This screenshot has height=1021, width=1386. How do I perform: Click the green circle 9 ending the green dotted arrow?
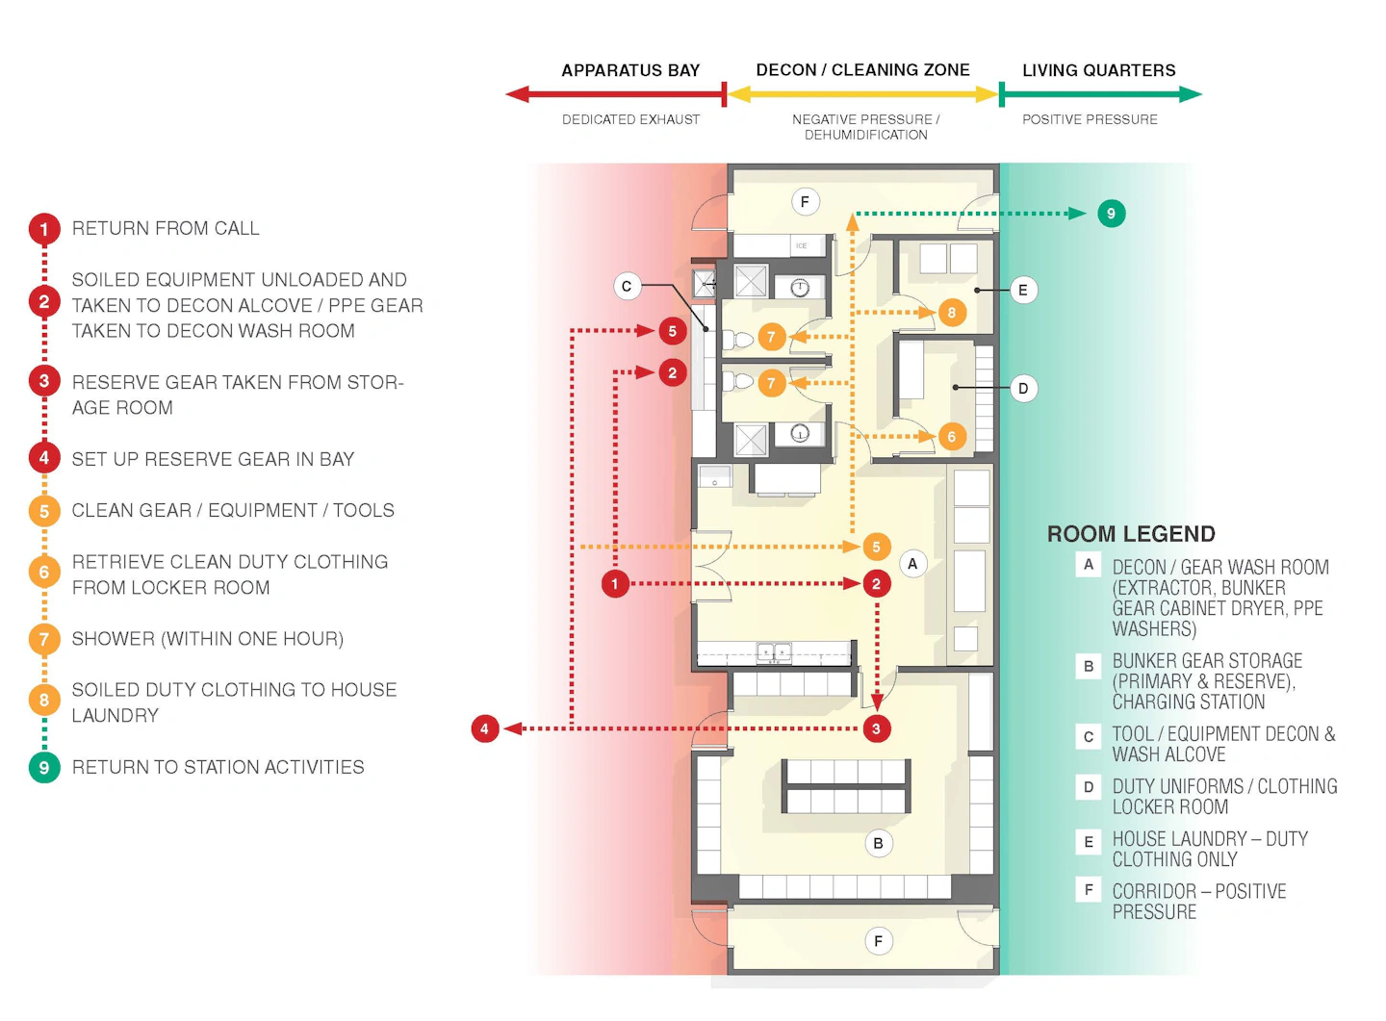point(1111,214)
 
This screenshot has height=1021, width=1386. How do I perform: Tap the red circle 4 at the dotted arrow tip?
point(484,728)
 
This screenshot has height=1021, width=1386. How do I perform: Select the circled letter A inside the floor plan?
point(912,564)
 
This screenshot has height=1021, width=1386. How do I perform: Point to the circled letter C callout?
point(627,286)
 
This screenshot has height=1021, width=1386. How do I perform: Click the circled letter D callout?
point(1023,389)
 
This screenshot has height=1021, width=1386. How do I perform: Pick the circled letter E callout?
point(1023,290)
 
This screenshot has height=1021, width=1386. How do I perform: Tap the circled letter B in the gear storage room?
point(878,843)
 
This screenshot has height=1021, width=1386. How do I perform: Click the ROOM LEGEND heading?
point(1131,534)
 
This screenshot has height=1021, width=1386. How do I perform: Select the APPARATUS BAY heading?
point(630,70)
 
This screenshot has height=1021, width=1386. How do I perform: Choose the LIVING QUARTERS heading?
point(1098,70)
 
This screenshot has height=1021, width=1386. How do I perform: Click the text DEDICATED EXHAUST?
point(630,119)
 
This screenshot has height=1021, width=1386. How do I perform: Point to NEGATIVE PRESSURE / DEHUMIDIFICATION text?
point(865,127)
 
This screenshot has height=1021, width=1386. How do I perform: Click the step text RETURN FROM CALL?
point(166,228)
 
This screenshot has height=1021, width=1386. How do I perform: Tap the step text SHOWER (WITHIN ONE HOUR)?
point(207,639)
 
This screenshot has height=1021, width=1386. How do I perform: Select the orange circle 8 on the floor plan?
point(951,313)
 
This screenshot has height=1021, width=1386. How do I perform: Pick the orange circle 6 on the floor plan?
point(951,437)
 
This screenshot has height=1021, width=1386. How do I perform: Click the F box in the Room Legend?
point(1088,890)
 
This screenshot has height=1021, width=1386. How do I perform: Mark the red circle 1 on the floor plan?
point(615,584)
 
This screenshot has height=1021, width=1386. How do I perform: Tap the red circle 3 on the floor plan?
point(876,728)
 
